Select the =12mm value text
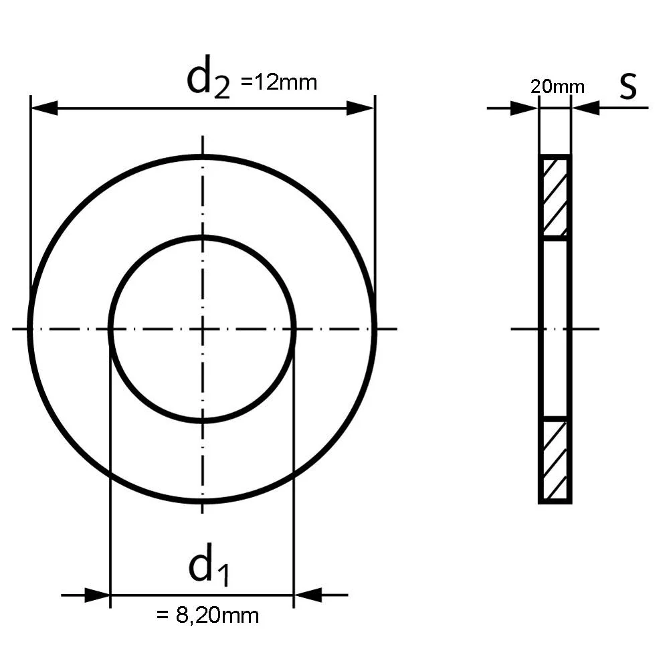click(279, 82)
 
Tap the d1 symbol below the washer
click(209, 564)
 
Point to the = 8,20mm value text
click(208, 616)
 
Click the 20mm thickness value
click(557, 87)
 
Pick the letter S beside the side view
click(628, 86)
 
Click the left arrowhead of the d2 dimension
click(44, 108)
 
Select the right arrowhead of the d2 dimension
click(360, 108)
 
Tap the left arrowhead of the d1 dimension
click(97, 595)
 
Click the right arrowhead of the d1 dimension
click(308, 595)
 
